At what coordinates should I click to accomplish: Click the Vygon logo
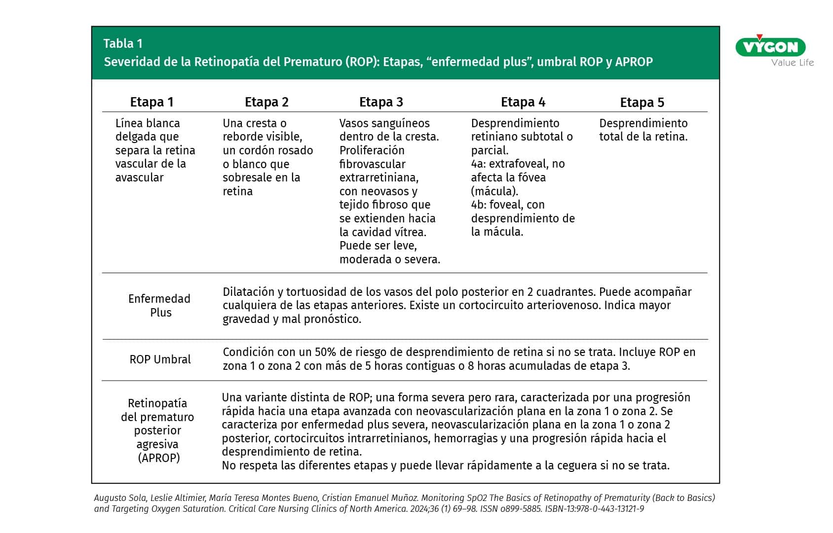pyautogui.click(x=770, y=47)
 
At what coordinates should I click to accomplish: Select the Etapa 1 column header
pyautogui.click(x=151, y=102)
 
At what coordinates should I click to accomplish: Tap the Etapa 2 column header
pyautogui.click(x=266, y=102)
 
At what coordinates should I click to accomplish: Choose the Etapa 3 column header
pyautogui.click(x=381, y=102)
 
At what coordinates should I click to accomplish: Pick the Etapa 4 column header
pyautogui.click(x=523, y=102)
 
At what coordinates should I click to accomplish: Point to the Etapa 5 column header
pyautogui.click(x=642, y=103)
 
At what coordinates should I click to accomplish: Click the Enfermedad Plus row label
pyautogui.click(x=159, y=306)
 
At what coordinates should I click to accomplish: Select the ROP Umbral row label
pyautogui.click(x=160, y=359)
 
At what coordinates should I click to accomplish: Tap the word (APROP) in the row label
pyautogui.click(x=159, y=458)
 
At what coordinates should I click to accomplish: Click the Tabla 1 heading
pyautogui.click(x=123, y=43)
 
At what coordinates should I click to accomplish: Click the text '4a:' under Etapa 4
pyautogui.click(x=478, y=164)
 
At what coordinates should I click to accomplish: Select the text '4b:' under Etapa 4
pyautogui.click(x=479, y=205)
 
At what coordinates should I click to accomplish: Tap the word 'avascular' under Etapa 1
pyautogui.click(x=139, y=178)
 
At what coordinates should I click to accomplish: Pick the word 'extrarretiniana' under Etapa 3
pyautogui.click(x=379, y=178)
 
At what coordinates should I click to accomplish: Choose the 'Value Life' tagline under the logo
pyautogui.click(x=793, y=63)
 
